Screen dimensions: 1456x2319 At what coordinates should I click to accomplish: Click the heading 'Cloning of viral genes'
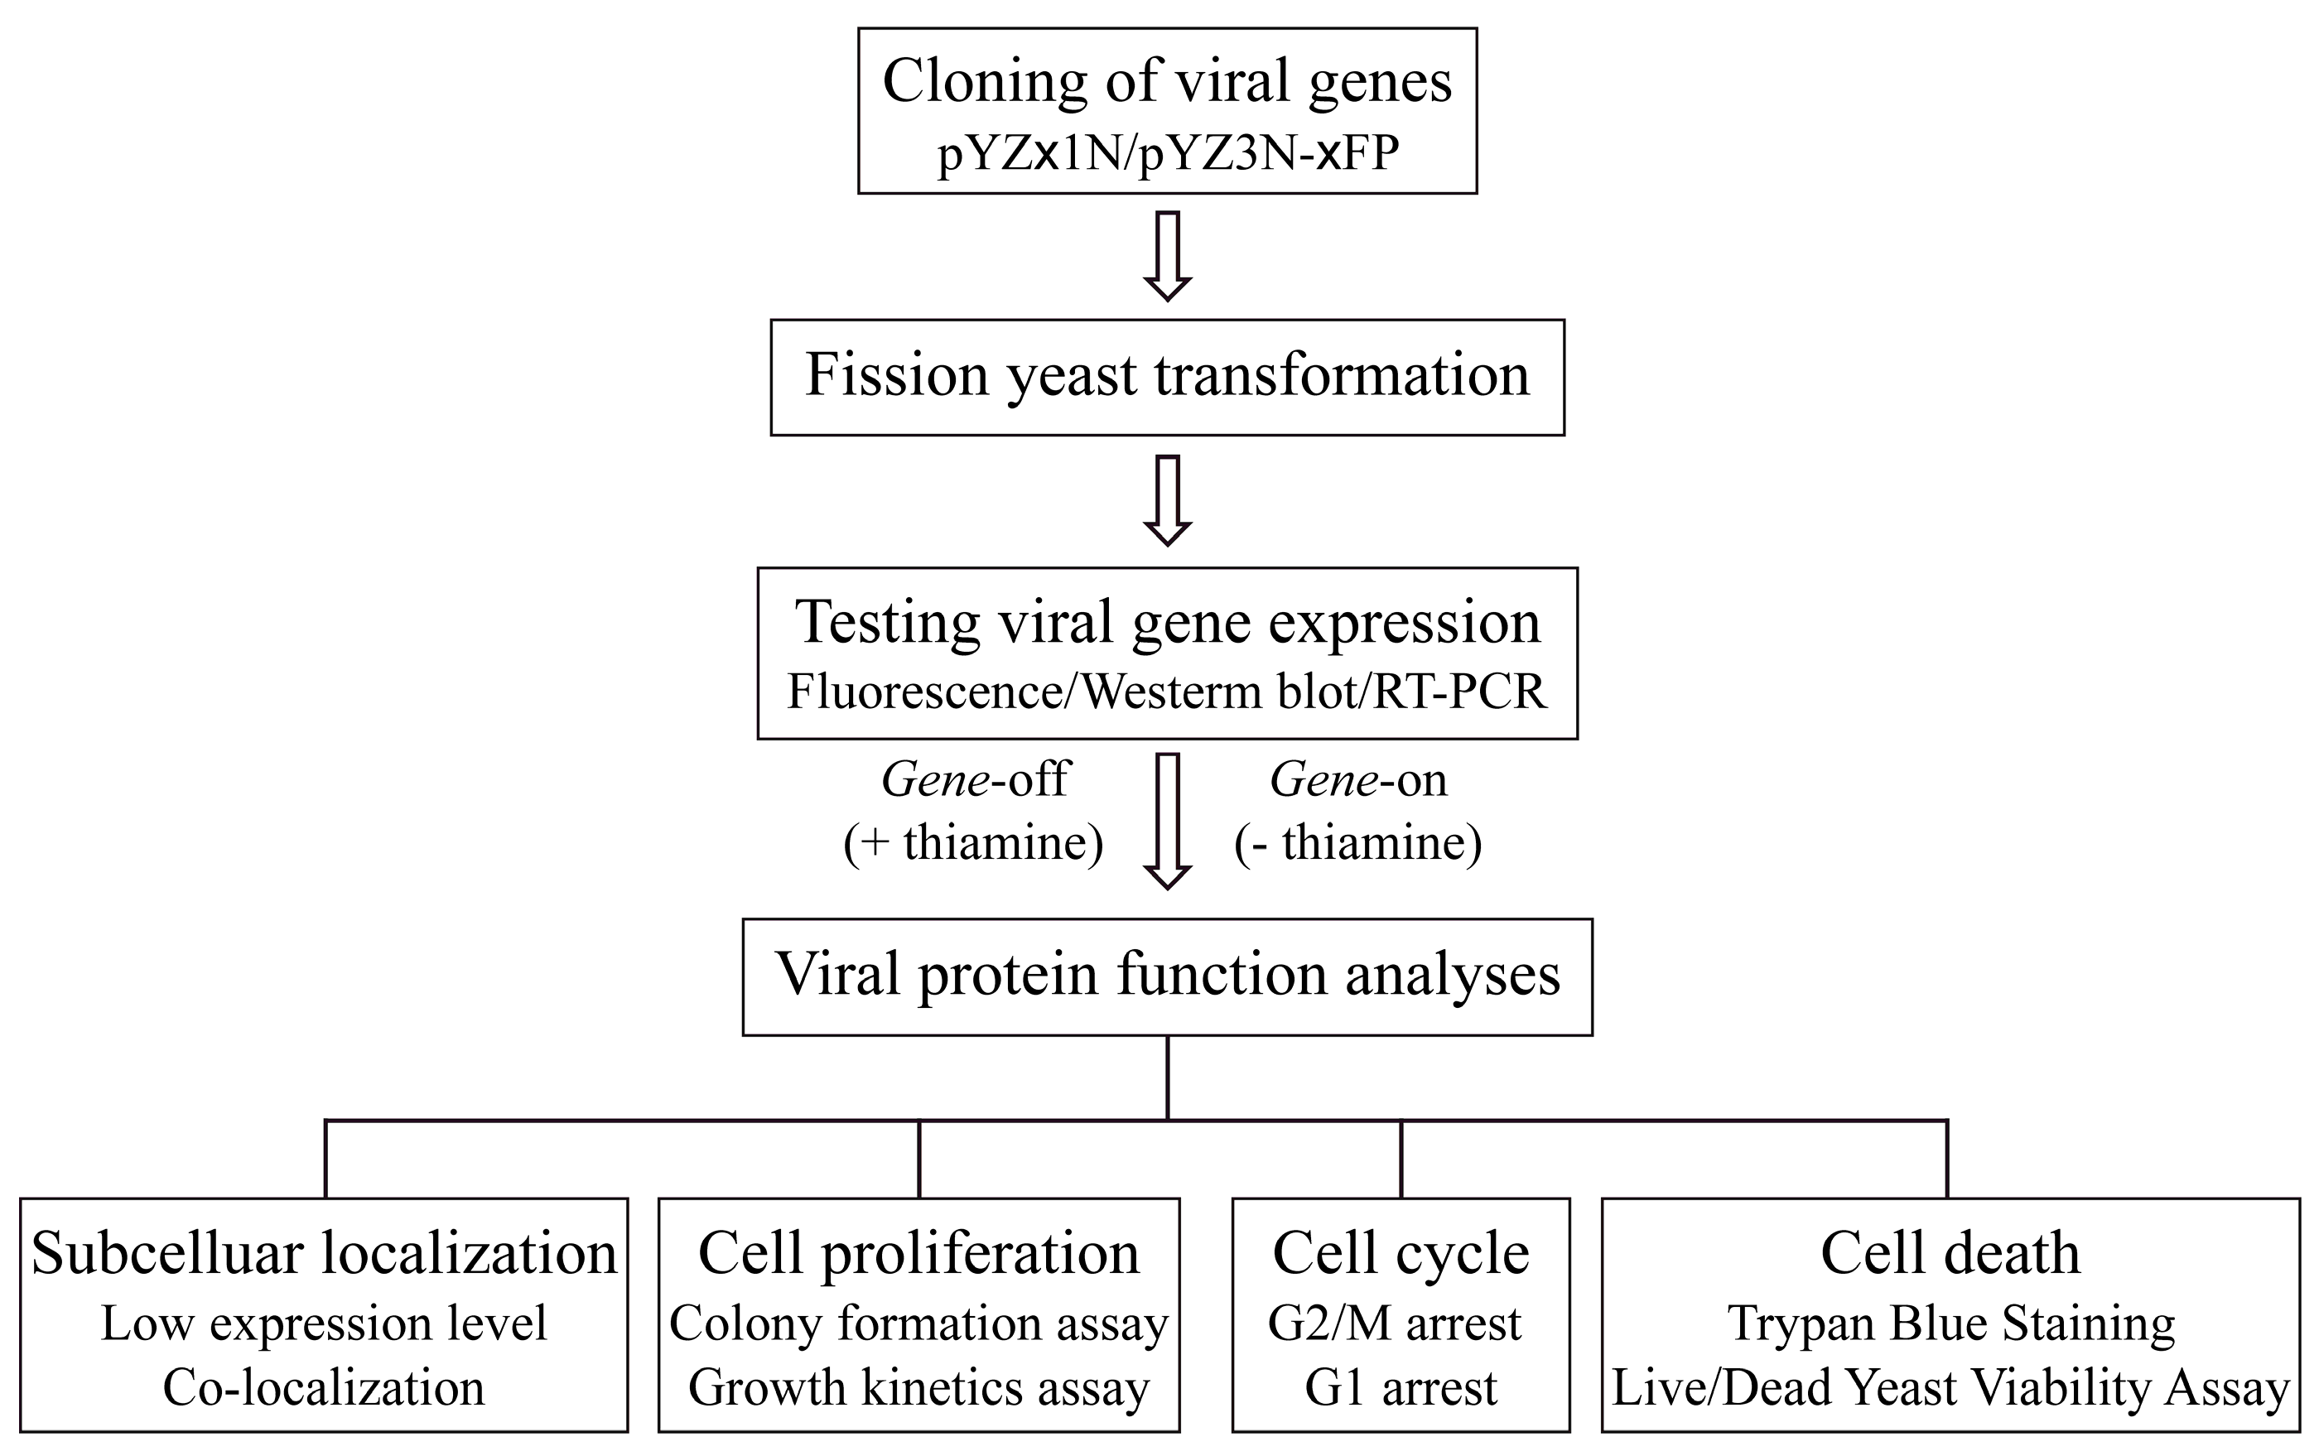tap(1166, 81)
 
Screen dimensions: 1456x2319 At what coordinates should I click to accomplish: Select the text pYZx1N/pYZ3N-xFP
tap(1167, 153)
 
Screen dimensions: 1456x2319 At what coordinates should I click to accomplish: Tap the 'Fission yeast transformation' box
tap(1167, 377)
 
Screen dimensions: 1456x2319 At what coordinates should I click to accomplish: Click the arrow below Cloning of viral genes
tap(1167, 256)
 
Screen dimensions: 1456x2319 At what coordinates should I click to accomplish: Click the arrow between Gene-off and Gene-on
tap(1167, 821)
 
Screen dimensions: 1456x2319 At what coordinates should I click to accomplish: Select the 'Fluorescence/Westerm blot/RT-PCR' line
tap(1167, 692)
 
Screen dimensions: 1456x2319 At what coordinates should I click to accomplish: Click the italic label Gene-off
tap(974, 779)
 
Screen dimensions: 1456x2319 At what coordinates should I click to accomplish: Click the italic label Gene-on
tap(1358, 779)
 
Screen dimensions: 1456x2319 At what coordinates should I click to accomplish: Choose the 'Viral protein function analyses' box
tap(1167, 976)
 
